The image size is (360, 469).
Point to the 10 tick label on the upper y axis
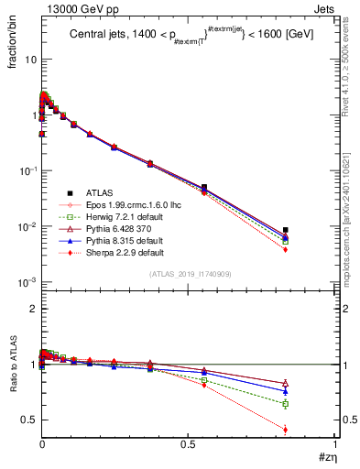point(30,59)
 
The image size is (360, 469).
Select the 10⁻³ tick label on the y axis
point(27,282)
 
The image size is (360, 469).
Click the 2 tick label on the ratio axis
point(33,310)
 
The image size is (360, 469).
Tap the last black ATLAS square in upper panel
point(286,230)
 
